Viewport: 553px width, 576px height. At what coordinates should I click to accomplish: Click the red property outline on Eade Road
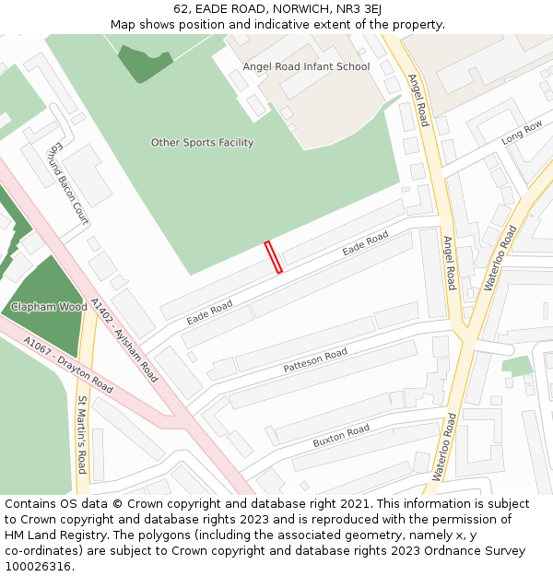pos(274,257)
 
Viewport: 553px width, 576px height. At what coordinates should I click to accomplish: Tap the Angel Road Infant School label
pos(306,66)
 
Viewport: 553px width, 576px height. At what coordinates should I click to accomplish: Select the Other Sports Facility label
pos(202,143)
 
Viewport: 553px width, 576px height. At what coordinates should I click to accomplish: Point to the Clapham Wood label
pos(49,307)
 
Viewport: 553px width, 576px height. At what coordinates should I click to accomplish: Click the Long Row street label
pos(522,134)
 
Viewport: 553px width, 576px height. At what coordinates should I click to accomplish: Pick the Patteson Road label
pos(315,360)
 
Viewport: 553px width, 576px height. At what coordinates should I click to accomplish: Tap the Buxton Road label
pos(341,436)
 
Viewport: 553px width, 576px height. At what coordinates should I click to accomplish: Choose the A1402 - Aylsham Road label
pos(124,340)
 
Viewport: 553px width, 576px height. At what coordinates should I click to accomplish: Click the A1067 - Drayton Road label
pos(68,364)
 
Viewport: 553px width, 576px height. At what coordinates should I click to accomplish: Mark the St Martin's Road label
pos(82,434)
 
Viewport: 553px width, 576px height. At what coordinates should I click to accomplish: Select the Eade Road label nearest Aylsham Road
pos(209,311)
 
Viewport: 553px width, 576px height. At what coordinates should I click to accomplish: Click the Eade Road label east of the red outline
pos(365,245)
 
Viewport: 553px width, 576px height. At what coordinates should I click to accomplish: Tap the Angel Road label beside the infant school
pos(418,100)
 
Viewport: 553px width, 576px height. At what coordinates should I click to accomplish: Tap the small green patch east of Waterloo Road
pos(518,367)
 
